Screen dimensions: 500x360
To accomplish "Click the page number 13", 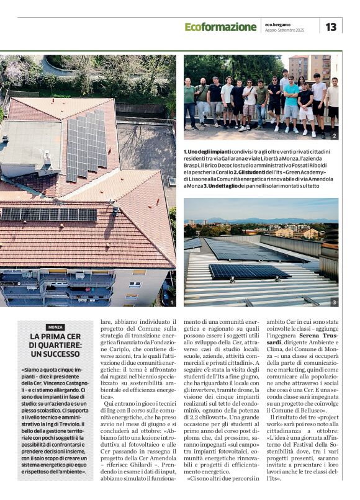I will pyautogui.click(x=331, y=27).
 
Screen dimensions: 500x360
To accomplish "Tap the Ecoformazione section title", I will pyautogui.click(x=220, y=27).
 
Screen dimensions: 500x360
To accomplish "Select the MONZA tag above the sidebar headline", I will pyautogui.click(x=55, y=327).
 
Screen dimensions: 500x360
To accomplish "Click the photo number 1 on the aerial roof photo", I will pyautogui.click(x=171, y=302).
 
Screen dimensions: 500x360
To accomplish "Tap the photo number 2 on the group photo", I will pyautogui.click(x=334, y=135).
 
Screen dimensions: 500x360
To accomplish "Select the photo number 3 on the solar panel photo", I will pyautogui.click(x=334, y=302).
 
